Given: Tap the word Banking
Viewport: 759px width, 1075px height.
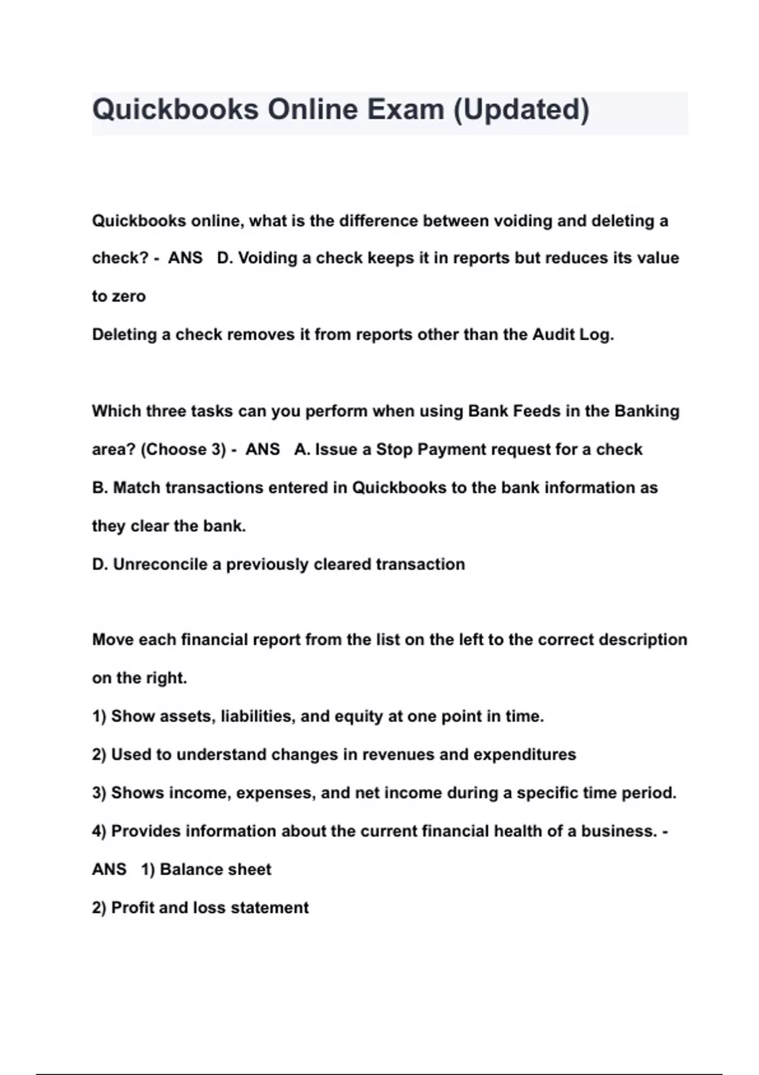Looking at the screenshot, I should pyautogui.click(x=647, y=411).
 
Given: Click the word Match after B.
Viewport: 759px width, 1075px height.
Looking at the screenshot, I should pyautogui.click(x=136, y=488).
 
